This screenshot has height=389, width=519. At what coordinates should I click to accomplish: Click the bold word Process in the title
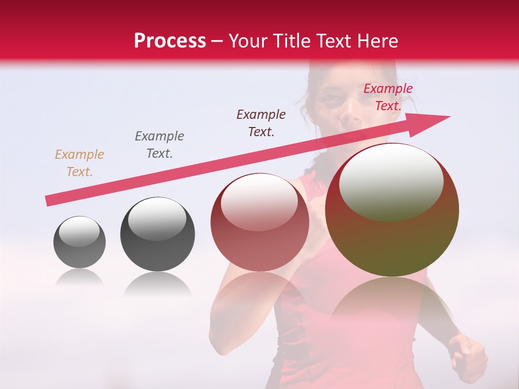pyautogui.click(x=170, y=41)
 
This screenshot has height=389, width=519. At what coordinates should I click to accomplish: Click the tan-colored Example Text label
pyautogui.click(x=79, y=163)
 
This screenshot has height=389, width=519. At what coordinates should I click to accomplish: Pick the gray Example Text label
pyautogui.click(x=159, y=144)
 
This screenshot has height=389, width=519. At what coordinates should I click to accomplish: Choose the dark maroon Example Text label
pyautogui.click(x=261, y=123)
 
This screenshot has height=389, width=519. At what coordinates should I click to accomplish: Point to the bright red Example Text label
pyautogui.click(x=388, y=97)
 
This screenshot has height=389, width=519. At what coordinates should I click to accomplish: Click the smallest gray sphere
pyautogui.click(x=79, y=242)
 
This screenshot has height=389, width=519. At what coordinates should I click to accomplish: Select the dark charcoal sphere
pyautogui.click(x=157, y=234)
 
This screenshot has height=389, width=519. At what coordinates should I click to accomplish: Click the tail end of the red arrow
pyautogui.click(x=49, y=200)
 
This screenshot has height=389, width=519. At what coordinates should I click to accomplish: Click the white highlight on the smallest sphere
pyautogui.click(x=79, y=232)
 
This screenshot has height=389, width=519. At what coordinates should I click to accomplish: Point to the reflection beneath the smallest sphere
pyautogui.click(x=79, y=278)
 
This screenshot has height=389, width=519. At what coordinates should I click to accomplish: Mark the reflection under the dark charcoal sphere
pyautogui.click(x=157, y=284)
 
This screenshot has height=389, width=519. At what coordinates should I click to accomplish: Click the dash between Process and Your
pyautogui.click(x=217, y=41)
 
